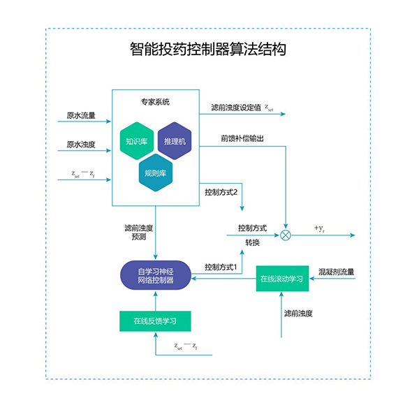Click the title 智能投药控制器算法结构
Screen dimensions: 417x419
(x=208, y=50)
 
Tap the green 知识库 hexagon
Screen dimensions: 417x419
(x=136, y=142)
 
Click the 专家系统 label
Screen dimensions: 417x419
(x=155, y=102)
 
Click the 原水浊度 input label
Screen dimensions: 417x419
(x=81, y=145)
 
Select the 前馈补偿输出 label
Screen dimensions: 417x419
(x=242, y=138)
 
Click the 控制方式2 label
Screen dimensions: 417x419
(x=222, y=191)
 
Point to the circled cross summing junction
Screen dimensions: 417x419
(x=286, y=235)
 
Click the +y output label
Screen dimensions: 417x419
(x=319, y=228)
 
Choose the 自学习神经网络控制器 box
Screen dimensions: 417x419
(x=156, y=276)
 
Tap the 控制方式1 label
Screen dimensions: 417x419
(x=221, y=267)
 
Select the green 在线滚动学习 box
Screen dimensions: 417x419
(x=281, y=279)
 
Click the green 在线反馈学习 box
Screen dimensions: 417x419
(x=156, y=321)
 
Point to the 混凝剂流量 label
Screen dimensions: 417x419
(x=336, y=272)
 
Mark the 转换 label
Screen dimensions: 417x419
(x=252, y=242)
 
